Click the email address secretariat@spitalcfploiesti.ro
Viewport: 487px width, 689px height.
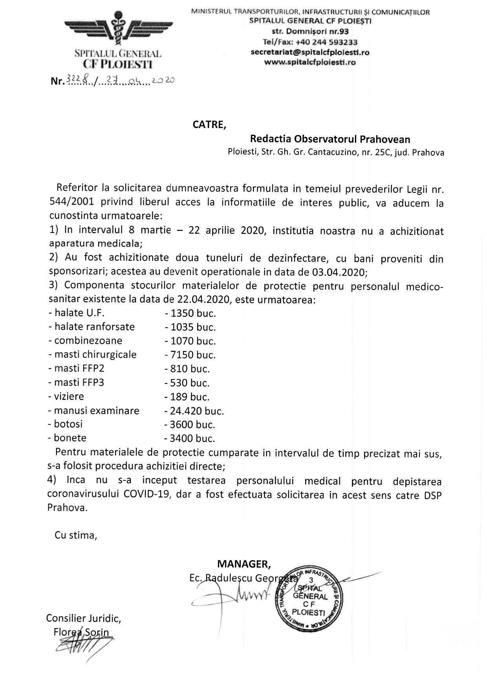pos(310,52)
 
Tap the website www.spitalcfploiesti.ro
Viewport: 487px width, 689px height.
pos(310,62)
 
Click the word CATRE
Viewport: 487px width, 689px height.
pos(209,125)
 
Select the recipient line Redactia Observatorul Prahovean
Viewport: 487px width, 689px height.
pos(330,139)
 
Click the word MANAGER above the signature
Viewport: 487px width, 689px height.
pos(244,564)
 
